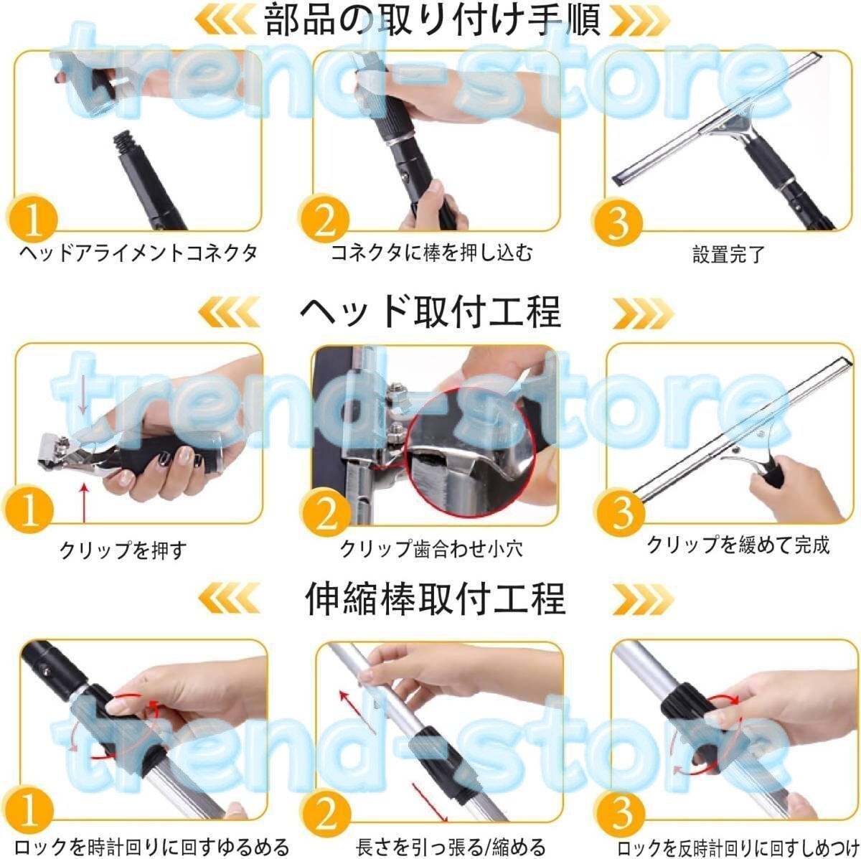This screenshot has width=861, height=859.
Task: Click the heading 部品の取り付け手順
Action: (x=432, y=21)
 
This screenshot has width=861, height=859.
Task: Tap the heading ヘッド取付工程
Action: (x=430, y=311)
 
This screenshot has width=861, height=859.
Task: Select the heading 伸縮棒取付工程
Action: (x=435, y=599)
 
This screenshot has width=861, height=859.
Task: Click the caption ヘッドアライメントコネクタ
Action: (x=138, y=253)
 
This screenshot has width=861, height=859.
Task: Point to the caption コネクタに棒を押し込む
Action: (x=431, y=253)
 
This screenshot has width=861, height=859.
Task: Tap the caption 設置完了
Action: (x=728, y=254)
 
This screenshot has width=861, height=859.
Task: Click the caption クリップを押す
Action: (x=123, y=549)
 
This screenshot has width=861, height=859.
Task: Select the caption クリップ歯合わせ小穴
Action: (x=431, y=548)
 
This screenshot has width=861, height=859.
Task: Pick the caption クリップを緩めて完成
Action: (x=738, y=545)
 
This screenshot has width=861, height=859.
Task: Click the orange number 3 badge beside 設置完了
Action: (x=618, y=222)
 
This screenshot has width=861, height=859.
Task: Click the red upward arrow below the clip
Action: (x=83, y=504)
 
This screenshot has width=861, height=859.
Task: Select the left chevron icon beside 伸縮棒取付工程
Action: (x=229, y=599)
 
